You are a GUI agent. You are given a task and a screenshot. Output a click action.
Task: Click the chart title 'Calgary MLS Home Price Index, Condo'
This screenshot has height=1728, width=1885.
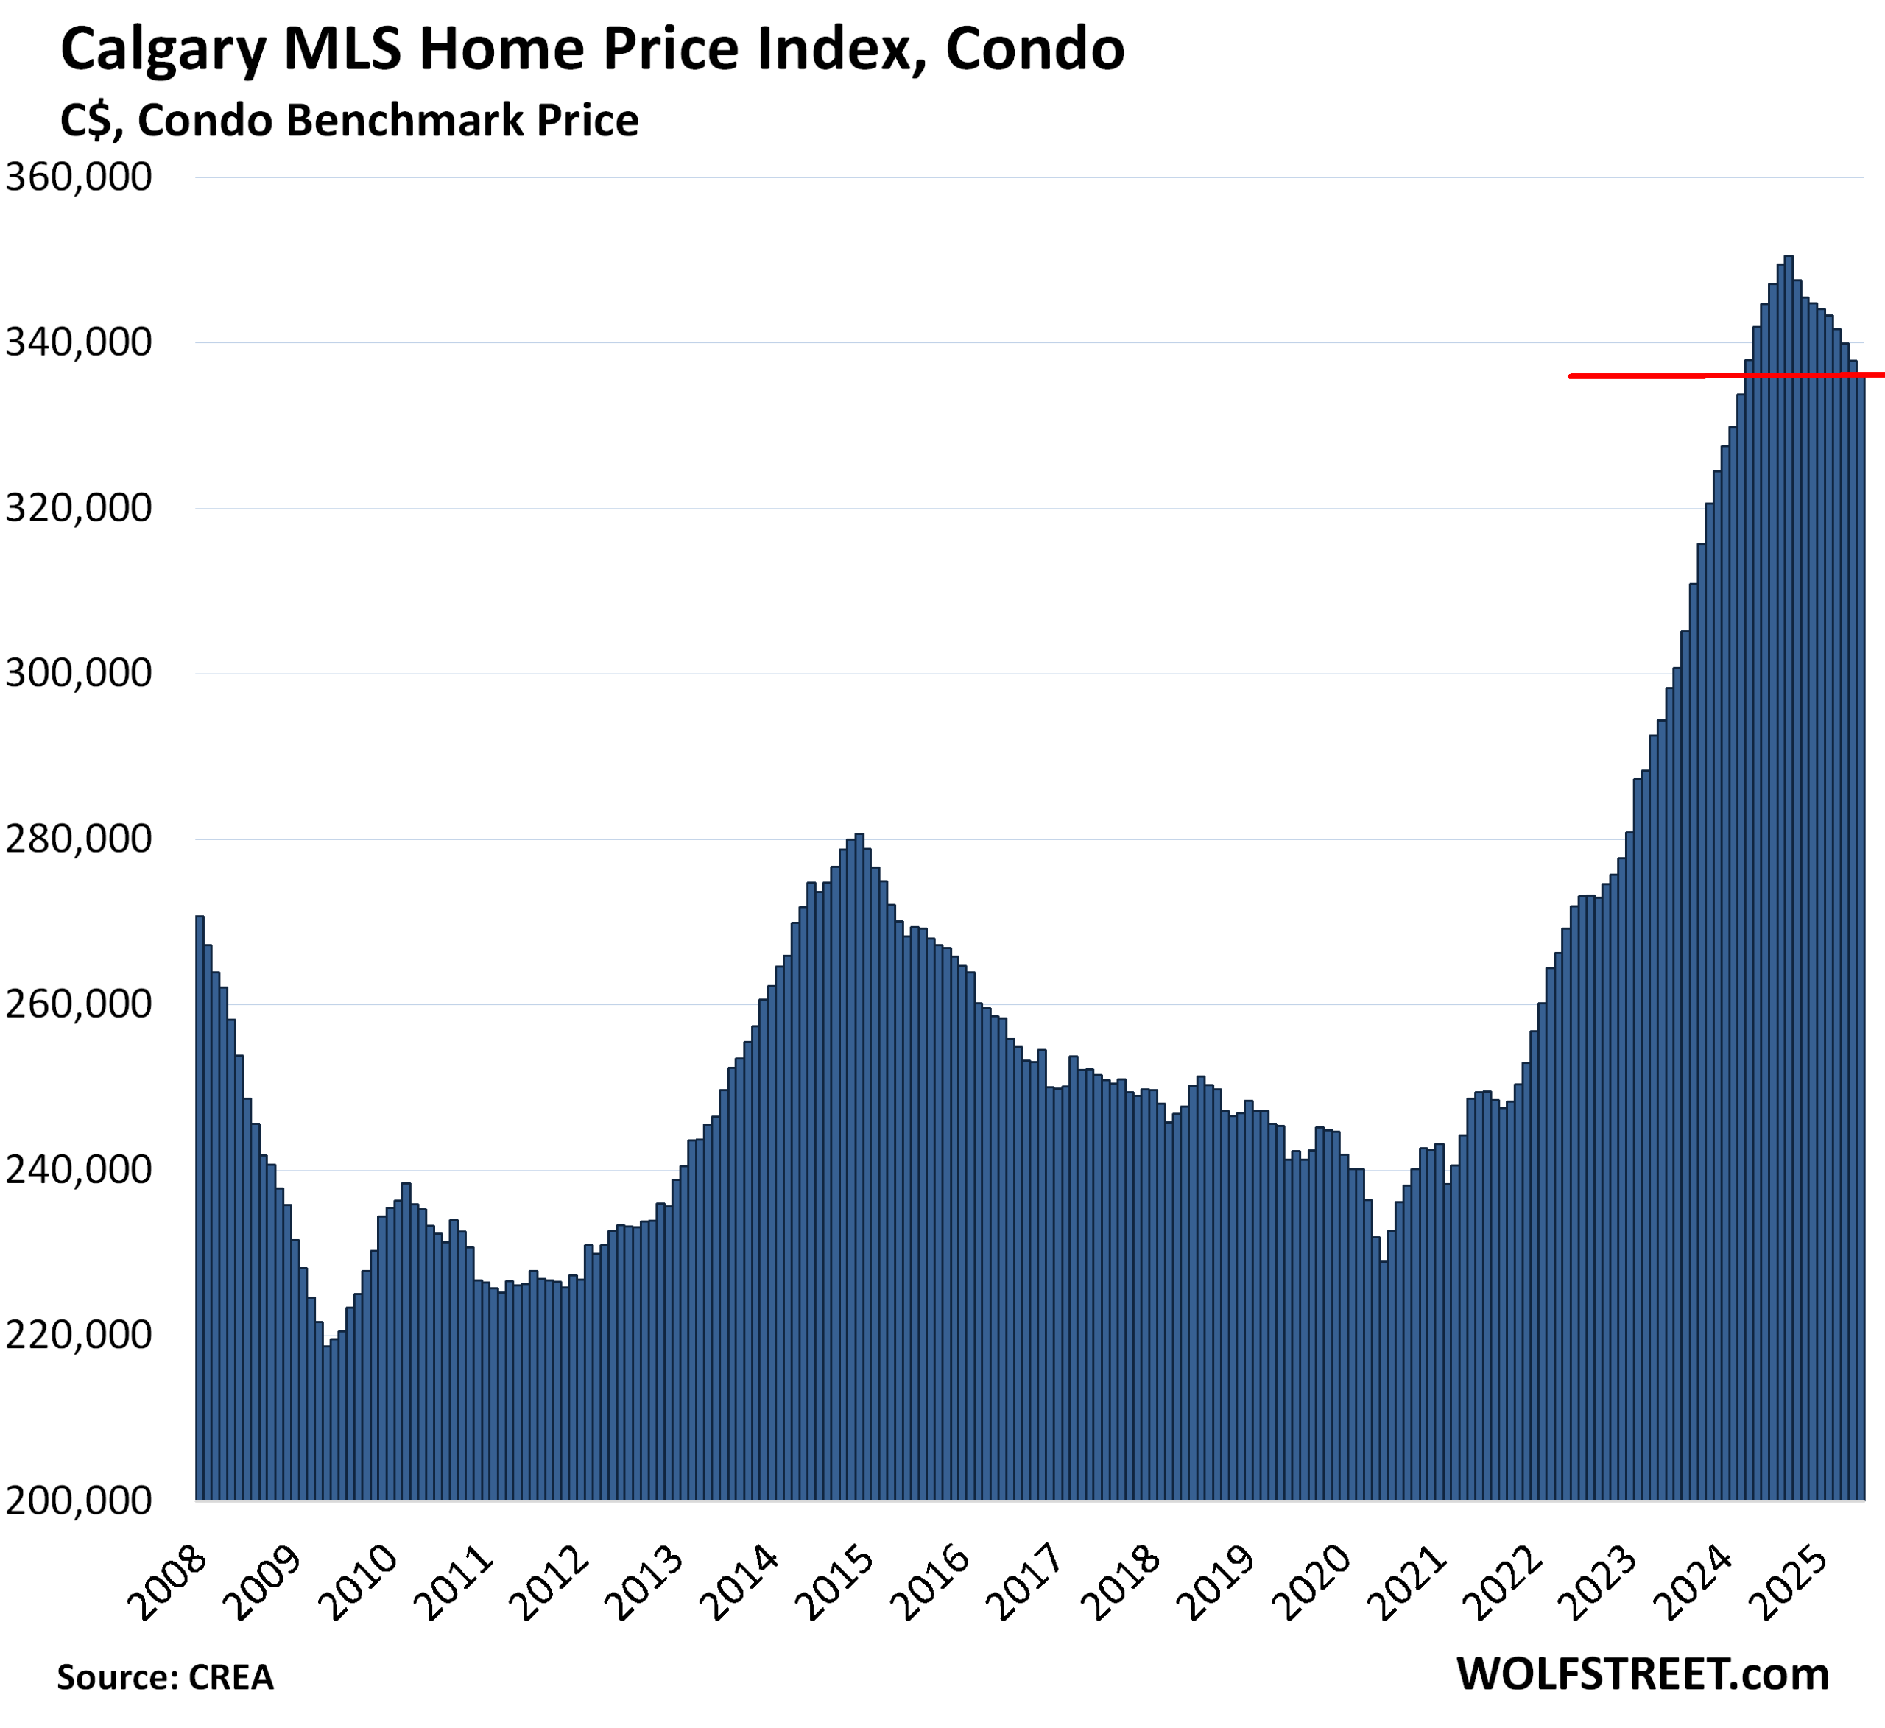pos(592,49)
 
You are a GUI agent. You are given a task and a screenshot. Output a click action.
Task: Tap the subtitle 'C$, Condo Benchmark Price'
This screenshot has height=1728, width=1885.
pos(349,121)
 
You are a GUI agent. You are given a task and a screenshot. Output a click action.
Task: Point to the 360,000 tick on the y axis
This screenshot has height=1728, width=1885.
pos(79,177)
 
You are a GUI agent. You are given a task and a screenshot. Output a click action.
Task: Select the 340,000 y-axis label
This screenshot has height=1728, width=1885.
pos(79,343)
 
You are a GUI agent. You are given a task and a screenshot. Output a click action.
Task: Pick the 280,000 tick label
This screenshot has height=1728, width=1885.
pos(79,839)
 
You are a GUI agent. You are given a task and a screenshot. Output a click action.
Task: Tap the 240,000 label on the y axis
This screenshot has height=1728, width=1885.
pos(79,1170)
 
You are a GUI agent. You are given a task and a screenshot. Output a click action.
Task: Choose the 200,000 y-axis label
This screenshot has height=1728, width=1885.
pos(79,1500)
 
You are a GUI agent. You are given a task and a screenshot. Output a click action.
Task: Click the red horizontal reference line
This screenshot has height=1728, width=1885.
pos(1646,376)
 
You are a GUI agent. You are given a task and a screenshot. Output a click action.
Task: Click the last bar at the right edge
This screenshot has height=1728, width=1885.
pos(1861,935)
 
